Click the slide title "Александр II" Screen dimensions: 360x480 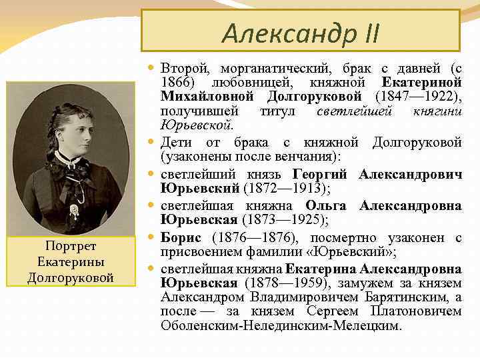300,31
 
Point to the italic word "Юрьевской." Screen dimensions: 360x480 197,125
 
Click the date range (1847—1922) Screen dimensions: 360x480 418,97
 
